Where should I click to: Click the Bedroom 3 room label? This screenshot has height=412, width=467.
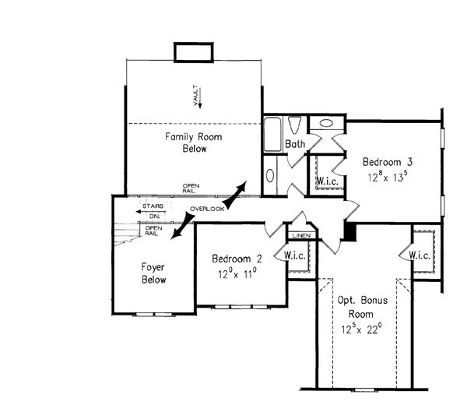click(x=387, y=162)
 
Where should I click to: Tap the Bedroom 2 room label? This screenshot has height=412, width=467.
click(x=237, y=259)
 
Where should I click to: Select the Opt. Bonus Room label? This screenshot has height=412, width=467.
click(x=362, y=307)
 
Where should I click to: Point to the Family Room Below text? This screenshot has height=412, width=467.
click(x=194, y=143)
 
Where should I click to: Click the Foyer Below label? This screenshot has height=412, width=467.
click(x=153, y=273)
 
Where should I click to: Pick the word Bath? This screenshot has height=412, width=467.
click(x=295, y=144)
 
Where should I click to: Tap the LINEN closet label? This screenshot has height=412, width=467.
click(x=301, y=235)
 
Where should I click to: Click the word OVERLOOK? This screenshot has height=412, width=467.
click(x=207, y=209)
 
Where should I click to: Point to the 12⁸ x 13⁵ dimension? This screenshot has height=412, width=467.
click(x=387, y=177)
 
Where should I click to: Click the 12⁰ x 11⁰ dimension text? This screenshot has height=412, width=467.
click(x=237, y=273)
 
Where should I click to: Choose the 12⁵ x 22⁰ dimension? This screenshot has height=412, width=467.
click(x=362, y=329)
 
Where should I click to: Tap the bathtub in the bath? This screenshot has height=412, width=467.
click(x=272, y=135)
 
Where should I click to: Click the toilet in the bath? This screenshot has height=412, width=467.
click(x=295, y=125)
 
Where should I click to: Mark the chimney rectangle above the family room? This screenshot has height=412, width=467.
click(x=194, y=52)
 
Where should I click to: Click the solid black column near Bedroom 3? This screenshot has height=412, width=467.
click(x=350, y=231)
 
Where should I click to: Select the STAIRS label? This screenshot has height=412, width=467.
click(x=153, y=206)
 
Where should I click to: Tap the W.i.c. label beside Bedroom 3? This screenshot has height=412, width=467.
click(x=327, y=181)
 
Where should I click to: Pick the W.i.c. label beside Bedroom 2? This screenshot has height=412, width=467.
click(x=294, y=255)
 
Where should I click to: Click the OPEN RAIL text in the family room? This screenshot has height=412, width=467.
click(x=191, y=188)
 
